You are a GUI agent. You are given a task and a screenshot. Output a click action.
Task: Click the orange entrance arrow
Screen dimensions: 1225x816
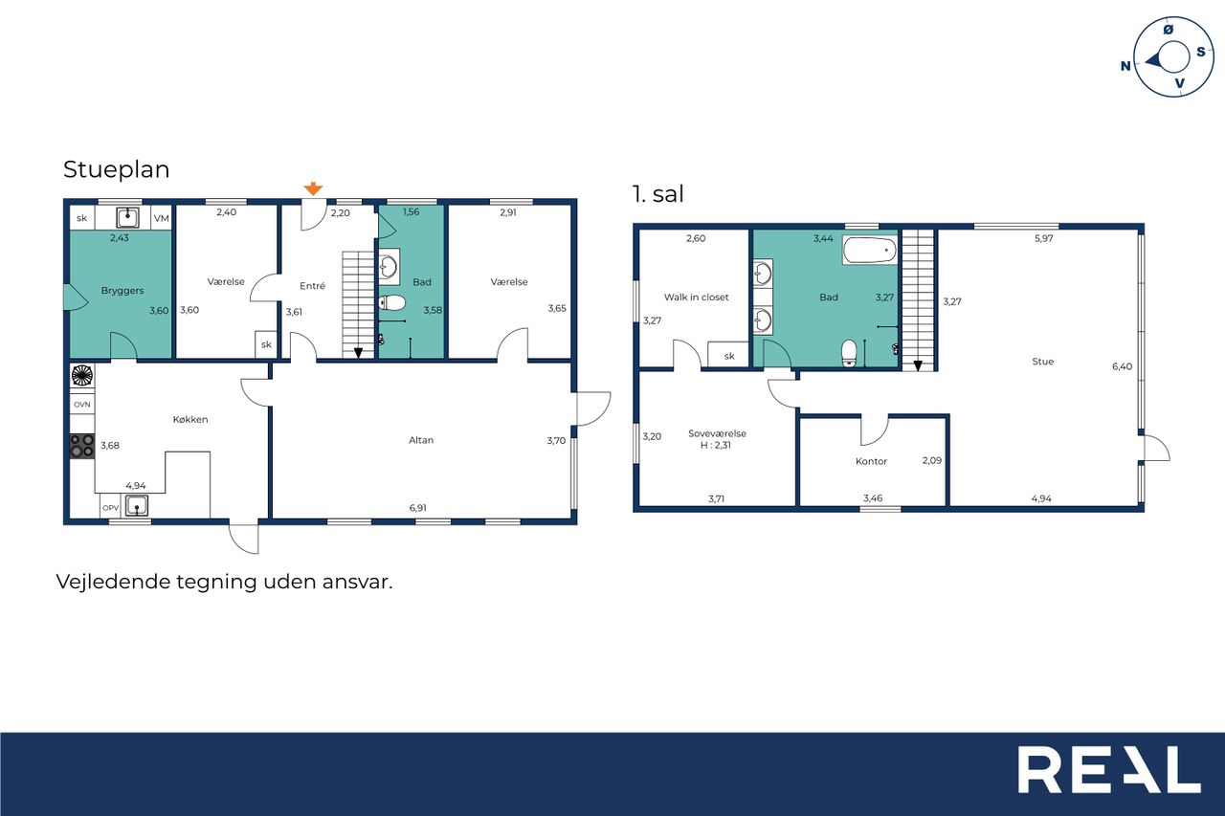tap(313, 188)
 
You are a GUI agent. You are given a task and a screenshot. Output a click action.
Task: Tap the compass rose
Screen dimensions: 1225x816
tap(1172, 57)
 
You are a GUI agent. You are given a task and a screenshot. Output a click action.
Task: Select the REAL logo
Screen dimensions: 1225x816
tap(1109, 769)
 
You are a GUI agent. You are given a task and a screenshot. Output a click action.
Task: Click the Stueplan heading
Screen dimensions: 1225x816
tap(117, 169)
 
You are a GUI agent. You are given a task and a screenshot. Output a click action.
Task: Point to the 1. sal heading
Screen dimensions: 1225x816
tap(657, 194)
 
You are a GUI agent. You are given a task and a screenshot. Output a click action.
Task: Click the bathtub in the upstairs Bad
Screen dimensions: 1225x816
tap(870, 251)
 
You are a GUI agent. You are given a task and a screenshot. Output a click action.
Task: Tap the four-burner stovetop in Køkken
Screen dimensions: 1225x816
tap(82, 446)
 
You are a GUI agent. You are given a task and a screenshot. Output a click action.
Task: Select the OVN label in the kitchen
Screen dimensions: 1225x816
tap(82, 405)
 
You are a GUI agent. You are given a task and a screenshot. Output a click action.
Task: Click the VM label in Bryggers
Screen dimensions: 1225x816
tap(162, 219)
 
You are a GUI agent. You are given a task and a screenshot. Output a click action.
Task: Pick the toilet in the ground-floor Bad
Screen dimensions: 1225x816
tap(392, 303)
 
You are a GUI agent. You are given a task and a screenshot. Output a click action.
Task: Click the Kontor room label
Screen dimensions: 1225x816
tap(871, 461)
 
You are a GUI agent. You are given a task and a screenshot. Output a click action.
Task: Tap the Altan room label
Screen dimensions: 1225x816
tap(421, 440)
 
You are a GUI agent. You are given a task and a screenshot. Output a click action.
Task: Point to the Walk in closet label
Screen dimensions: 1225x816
tap(696, 298)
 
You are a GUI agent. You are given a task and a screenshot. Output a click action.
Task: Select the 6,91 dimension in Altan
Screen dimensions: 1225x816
tap(418, 508)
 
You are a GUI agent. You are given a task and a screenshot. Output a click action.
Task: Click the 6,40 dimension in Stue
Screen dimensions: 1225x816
tap(1123, 366)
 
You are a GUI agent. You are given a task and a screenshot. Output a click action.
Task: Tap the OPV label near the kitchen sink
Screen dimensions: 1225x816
tap(110, 508)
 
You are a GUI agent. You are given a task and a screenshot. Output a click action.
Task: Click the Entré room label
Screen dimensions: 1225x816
tap(312, 286)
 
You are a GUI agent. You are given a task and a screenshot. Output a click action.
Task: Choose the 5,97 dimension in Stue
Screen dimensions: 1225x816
tap(1044, 238)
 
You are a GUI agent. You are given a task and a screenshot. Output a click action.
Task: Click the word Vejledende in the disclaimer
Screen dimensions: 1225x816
tap(114, 582)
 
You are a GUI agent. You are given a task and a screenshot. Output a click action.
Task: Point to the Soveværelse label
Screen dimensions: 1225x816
tap(717, 433)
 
